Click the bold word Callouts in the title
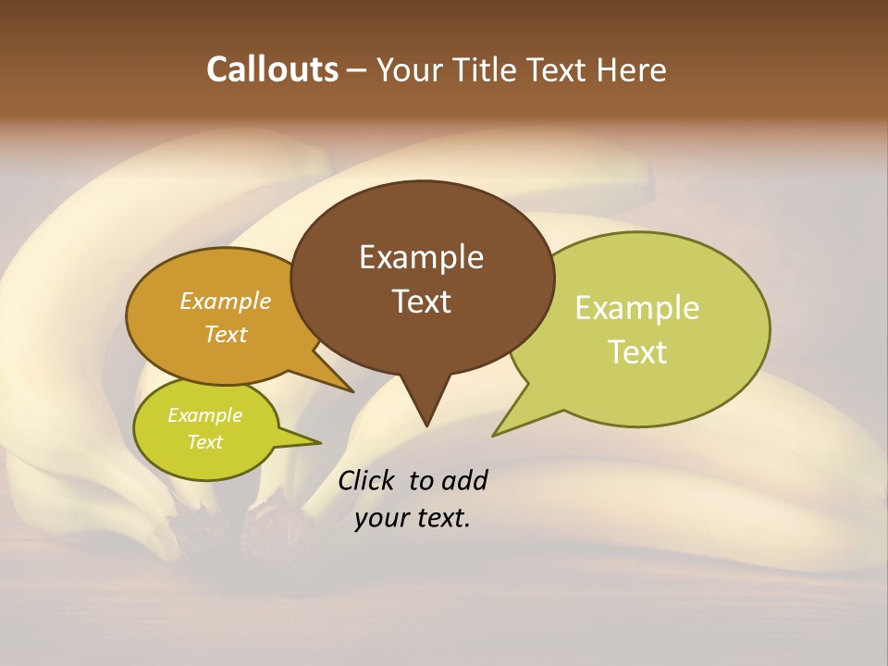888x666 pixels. tap(272, 69)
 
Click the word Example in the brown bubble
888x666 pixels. tap(421, 257)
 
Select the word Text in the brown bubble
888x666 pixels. tap(421, 302)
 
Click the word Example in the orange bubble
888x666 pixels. tap(225, 301)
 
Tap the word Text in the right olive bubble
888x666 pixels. tap(637, 352)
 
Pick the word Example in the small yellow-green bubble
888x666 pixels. tap(204, 415)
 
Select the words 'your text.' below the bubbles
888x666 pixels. tap(413, 518)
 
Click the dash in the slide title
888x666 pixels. tap(357, 70)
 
